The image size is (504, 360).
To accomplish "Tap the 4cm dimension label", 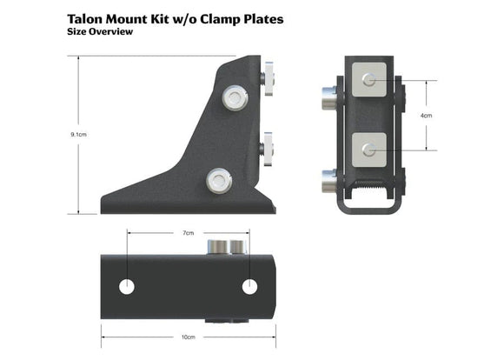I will (426, 115).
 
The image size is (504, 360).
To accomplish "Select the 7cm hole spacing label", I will (189, 234).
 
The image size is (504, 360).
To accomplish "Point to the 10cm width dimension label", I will (189, 337).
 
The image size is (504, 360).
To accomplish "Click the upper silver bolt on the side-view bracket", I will (234, 97).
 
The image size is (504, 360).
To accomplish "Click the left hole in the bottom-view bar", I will (127, 285).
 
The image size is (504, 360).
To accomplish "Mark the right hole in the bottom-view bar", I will (250, 285).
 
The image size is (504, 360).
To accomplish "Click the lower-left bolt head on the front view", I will (328, 182).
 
